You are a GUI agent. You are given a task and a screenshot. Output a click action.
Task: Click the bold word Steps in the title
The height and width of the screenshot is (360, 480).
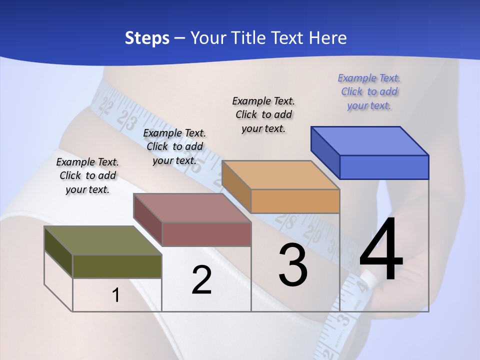click(147, 38)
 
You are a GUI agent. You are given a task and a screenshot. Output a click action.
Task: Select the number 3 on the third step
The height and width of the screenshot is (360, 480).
click(293, 265)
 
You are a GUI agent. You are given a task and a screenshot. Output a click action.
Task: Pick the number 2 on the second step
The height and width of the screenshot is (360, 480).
click(201, 280)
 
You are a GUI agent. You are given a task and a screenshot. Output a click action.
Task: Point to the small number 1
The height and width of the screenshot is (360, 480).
click(116, 295)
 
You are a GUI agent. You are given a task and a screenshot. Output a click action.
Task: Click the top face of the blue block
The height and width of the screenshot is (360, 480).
click(369, 140)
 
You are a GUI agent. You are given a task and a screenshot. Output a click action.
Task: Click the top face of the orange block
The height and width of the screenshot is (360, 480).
click(280, 175)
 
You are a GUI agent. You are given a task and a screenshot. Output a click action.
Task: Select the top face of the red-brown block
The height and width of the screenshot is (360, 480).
click(191, 208)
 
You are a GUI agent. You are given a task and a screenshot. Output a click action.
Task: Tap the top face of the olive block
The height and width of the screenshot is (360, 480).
click(102, 240)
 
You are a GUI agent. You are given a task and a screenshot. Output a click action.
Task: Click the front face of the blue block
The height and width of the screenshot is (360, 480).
click(384, 167)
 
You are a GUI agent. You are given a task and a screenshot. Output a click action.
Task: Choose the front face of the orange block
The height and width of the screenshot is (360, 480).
click(295, 201)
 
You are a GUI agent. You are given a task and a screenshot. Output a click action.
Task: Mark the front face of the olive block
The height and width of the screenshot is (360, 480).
click(117, 266)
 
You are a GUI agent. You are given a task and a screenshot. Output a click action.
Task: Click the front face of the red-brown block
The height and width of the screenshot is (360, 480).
click(206, 234)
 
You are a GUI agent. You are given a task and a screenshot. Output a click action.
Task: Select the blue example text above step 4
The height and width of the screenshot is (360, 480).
click(369, 91)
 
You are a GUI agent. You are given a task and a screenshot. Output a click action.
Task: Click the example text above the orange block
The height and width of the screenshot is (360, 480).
click(263, 114)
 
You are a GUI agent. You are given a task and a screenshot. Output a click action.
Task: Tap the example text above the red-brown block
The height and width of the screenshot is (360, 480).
click(174, 146)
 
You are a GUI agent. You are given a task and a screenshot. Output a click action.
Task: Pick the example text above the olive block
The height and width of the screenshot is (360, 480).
click(87, 175)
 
